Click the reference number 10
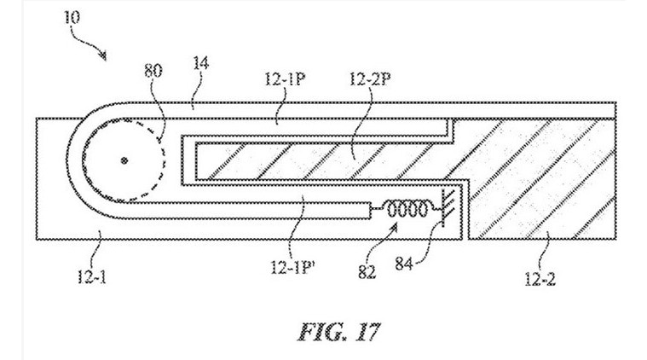72,18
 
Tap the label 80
153,71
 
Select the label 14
200,64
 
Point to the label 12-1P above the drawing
285,78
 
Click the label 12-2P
370,78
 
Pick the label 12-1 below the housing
91,276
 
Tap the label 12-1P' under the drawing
293,267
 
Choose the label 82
367,271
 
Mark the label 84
404,263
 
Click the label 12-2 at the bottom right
540,279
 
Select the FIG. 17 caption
338,332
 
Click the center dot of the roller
124,160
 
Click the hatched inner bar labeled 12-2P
314,161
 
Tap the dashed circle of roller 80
165,160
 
